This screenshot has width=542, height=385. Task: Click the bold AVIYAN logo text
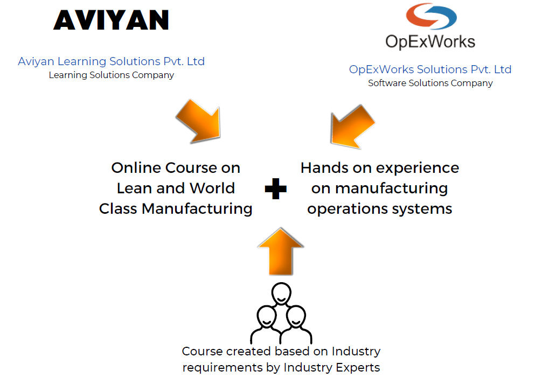pyautogui.click(x=112, y=20)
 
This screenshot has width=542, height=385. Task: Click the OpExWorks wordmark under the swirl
pyautogui.click(x=430, y=41)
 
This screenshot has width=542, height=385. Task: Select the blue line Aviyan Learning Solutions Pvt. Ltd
pyautogui.click(x=111, y=61)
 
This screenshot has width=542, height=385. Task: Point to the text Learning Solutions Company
pyautogui.click(x=111, y=75)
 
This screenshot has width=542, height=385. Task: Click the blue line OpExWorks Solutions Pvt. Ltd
pyautogui.click(x=430, y=69)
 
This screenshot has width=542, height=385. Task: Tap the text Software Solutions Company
pyautogui.click(x=430, y=83)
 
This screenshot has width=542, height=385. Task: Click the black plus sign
pyautogui.click(x=275, y=189)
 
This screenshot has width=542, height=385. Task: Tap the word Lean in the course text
pyautogui.click(x=133, y=188)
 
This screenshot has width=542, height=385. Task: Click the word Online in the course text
pyautogui.click(x=132, y=168)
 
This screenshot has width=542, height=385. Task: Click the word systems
pyautogui.click(x=427, y=209)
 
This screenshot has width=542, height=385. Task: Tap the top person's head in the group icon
pyautogui.click(x=281, y=293)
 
